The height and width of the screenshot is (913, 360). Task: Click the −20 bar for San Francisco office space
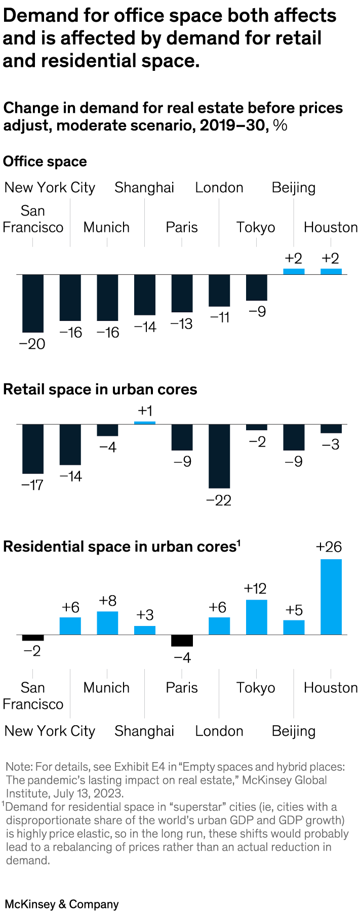[33, 303]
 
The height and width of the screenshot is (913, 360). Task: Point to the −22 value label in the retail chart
[219, 501]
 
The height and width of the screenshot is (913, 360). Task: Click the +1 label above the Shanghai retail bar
[145, 410]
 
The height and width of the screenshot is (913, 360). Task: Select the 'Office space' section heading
[45, 161]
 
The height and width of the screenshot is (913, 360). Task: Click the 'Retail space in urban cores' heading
[100, 389]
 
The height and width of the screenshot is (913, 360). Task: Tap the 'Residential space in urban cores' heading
[119, 547]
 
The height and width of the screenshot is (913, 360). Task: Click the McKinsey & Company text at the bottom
[62, 904]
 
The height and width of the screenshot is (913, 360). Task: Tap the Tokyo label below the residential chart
[256, 687]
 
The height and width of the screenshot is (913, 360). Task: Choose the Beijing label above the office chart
[293, 187]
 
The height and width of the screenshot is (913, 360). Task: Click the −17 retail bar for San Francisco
[33, 448]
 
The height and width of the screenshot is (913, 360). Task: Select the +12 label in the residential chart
[255, 588]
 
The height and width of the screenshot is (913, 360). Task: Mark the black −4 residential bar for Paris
[182, 640]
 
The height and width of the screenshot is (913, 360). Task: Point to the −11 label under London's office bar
[220, 317]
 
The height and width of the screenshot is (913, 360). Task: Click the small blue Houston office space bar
[331, 271]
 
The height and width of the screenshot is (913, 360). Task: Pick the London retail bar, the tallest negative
[219, 456]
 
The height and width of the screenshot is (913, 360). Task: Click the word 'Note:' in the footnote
[19, 767]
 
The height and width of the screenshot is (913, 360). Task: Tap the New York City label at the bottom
[50, 731]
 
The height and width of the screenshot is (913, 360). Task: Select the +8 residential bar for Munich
[107, 622]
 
